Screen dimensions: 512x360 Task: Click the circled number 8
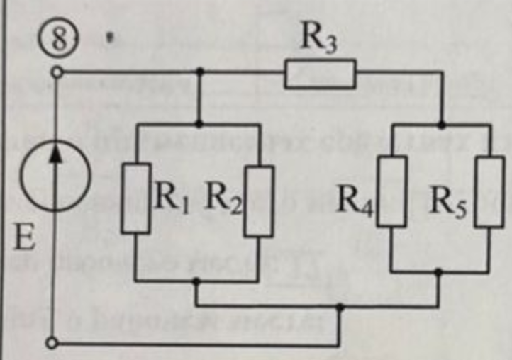coord(60,41)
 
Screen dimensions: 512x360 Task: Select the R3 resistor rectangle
coord(320,74)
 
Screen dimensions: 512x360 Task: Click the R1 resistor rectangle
coord(136,198)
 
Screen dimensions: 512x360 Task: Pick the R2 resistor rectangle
coord(259,201)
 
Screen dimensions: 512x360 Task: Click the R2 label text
coord(223,199)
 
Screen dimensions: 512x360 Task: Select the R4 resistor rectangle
coord(391,191)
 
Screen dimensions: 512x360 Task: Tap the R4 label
coord(355,201)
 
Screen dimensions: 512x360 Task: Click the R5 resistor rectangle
coord(489,191)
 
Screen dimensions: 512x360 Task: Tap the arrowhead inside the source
coord(56,152)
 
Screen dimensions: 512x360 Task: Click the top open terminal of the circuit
coord(57,72)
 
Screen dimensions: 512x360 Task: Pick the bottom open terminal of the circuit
coord(52,343)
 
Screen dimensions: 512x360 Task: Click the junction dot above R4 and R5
coord(442,125)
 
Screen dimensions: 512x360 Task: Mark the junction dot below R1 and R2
coord(196,281)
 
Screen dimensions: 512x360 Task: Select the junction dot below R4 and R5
coord(438,271)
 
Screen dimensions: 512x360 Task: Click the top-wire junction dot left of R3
coord(199,71)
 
